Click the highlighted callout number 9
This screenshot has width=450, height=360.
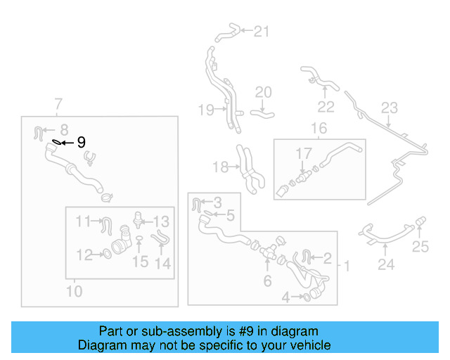click(x=81, y=142)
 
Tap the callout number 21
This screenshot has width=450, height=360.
click(x=261, y=31)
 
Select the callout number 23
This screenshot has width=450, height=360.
click(x=390, y=108)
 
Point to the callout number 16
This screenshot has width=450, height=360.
click(x=319, y=128)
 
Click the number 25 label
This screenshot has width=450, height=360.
click(x=420, y=246)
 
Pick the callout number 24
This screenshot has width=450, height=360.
click(x=386, y=264)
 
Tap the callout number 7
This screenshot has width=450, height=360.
click(x=58, y=106)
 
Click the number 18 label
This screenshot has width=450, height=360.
click(x=220, y=167)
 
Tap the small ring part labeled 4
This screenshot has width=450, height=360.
click(x=307, y=298)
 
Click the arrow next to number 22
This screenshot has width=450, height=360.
click(x=324, y=90)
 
